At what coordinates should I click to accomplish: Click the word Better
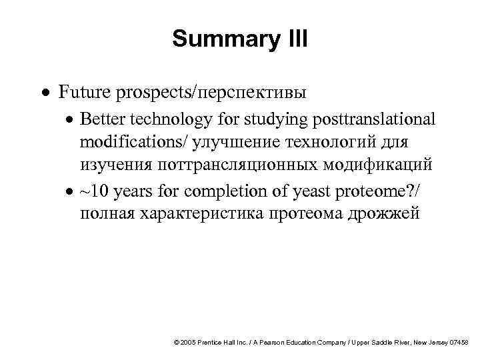[x=101, y=119]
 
